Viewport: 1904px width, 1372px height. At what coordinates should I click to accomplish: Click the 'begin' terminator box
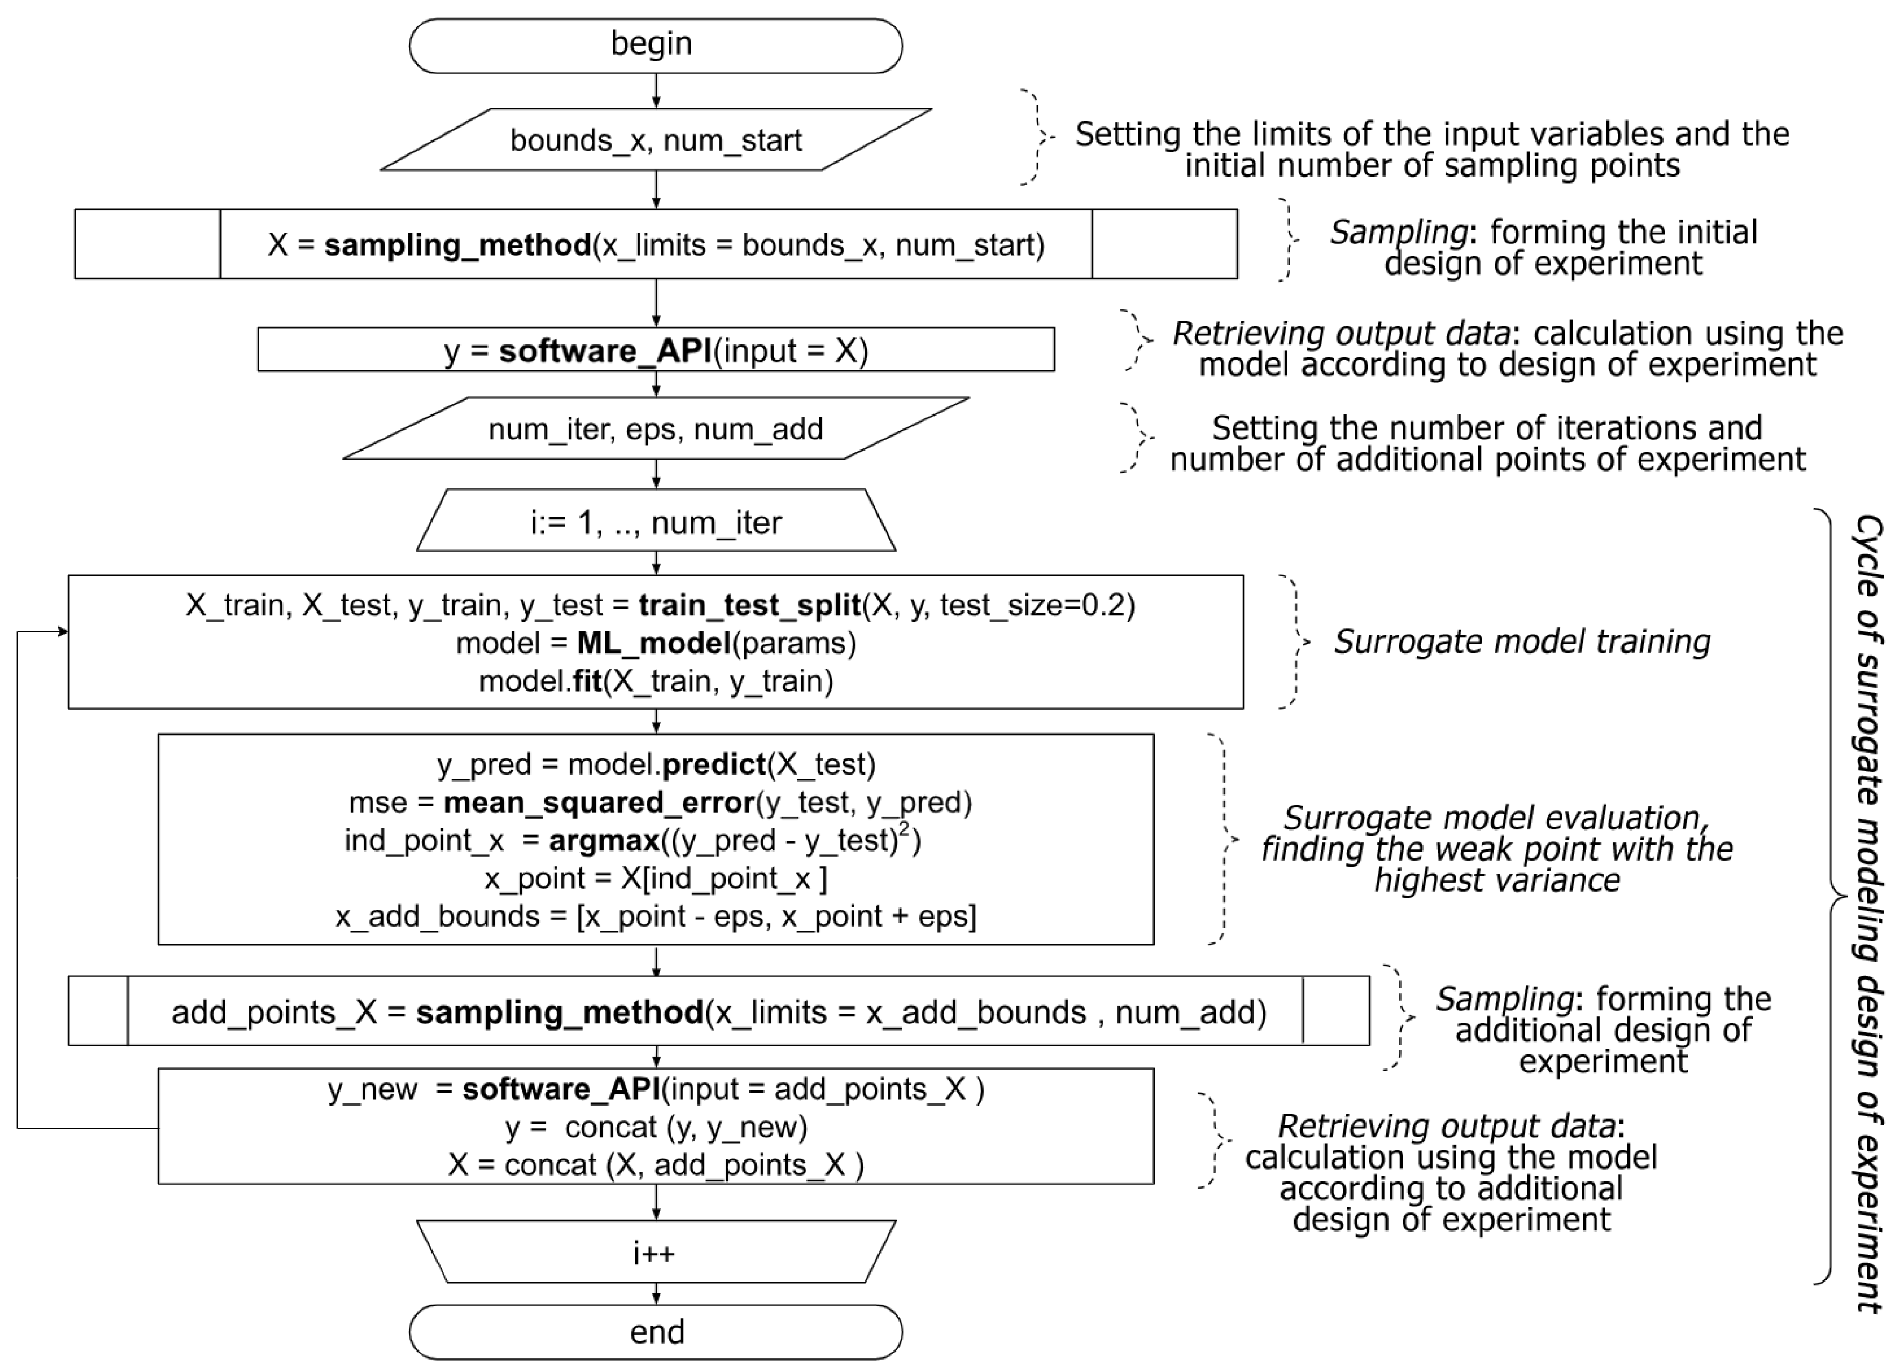coord(656,45)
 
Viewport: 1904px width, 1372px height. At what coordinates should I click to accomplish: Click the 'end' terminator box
coord(656,1332)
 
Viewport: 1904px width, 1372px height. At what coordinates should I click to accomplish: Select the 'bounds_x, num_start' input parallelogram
coord(656,139)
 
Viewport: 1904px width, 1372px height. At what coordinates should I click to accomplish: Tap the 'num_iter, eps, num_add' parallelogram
coord(656,428)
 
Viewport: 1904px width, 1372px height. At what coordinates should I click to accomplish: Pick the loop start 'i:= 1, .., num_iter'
coord(656,522)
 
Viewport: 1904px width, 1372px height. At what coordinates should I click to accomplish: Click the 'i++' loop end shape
coord(656,1253)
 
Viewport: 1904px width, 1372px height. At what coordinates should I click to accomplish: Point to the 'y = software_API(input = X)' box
coord(656,349)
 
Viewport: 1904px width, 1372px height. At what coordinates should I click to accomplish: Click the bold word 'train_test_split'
coord(749,604)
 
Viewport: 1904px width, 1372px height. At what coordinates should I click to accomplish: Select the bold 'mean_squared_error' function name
coord(599,802)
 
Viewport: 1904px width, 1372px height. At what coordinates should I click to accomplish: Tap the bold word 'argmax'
coord(604,840)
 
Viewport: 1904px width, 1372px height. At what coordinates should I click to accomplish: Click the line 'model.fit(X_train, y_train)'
coord(656,680)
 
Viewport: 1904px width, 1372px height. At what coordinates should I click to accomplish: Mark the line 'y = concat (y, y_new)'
coord(656,1127)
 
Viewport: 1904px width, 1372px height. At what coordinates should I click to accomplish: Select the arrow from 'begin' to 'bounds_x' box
coord(656,90)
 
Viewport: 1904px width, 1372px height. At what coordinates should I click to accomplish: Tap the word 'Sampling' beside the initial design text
coord(1398,233)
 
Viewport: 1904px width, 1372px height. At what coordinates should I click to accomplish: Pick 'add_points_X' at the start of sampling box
coord(274,1012)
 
